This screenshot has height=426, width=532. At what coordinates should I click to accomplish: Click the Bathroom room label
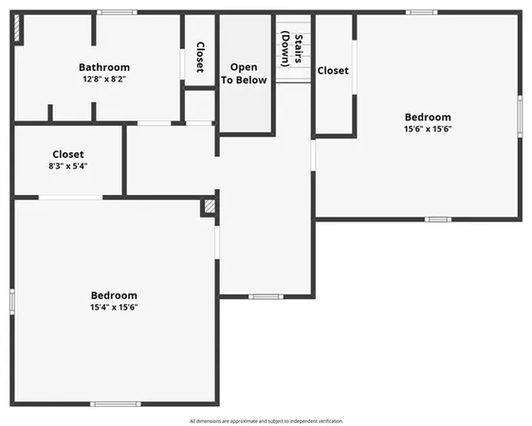tap(104, 67)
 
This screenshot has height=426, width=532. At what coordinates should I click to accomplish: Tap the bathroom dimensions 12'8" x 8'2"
tap(104, 80)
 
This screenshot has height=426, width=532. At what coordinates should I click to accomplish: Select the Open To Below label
tap(244, 74)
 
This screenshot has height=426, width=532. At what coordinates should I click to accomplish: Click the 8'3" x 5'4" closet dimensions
tap(68, 166)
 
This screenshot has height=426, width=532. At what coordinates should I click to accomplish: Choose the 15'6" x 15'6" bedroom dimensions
tap(428, 129)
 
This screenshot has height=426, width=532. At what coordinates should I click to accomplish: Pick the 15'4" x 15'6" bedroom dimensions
tap(114, 307)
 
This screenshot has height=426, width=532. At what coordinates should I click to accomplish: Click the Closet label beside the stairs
tap(333, 71)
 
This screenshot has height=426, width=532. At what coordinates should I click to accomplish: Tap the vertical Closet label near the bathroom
tap(199, 56)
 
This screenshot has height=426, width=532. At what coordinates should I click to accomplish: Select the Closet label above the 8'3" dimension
tap(68, 153)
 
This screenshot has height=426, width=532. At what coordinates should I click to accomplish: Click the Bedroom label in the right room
tap(428, 117)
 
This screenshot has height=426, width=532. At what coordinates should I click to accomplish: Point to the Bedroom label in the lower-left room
tap(114, 294)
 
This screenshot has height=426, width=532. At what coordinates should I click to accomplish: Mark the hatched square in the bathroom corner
tap(19, 29)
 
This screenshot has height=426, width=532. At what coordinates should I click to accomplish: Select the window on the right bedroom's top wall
tap(422, 12)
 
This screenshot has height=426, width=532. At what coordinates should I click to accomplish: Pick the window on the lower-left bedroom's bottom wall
tap(115, 404)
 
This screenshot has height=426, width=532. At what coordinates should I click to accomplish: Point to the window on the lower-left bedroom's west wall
tap(12, 300)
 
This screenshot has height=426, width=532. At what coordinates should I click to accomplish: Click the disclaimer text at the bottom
tap(266, 420)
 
